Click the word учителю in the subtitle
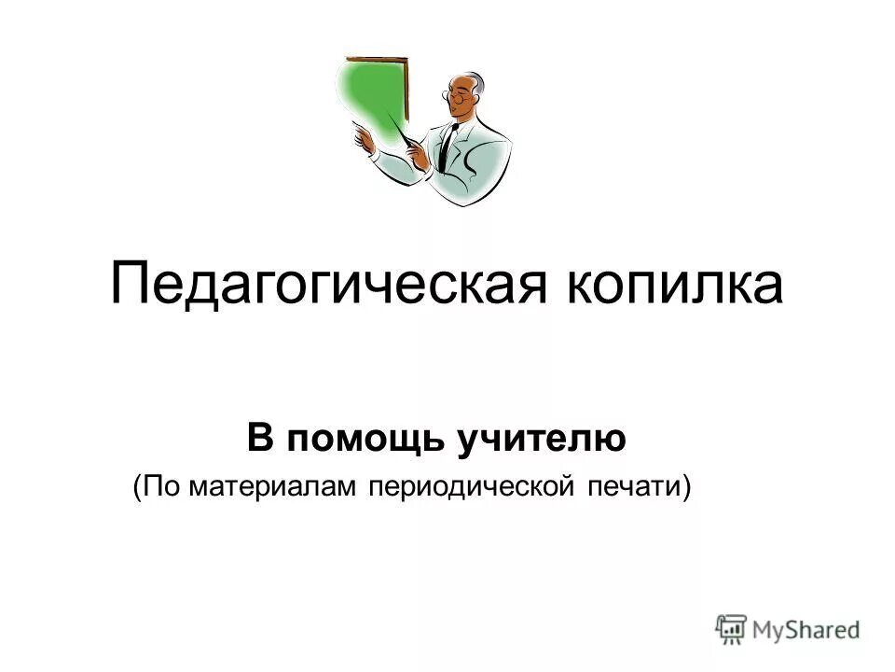[541, 440]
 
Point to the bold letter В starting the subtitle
[258, 439]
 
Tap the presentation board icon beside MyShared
[731, 628]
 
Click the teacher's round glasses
[457, 93]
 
